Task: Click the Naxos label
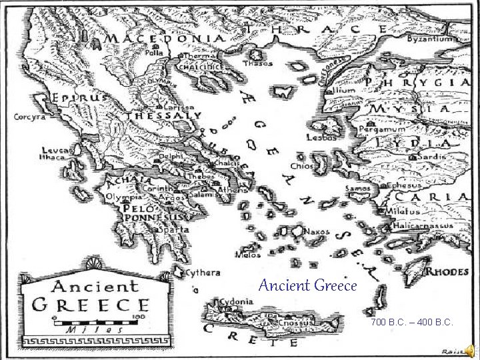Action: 317,231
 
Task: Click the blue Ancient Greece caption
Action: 308,286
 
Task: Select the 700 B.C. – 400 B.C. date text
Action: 413,323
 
